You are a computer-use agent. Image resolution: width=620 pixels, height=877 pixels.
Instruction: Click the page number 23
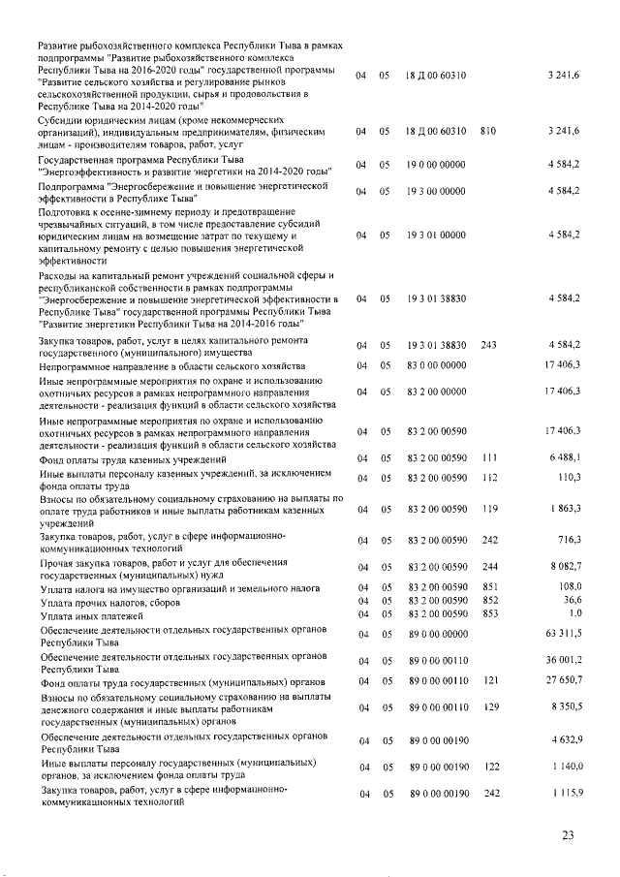tap(568, 834)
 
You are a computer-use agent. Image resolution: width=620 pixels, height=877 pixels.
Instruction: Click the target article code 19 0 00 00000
tap(435, 166)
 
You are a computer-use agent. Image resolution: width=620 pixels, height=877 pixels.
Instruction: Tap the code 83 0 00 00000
tap(435, 365)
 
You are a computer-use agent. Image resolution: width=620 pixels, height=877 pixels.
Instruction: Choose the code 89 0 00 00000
tap(435, 635)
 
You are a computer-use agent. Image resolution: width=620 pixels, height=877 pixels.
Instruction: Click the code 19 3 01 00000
tap(435, 235)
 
